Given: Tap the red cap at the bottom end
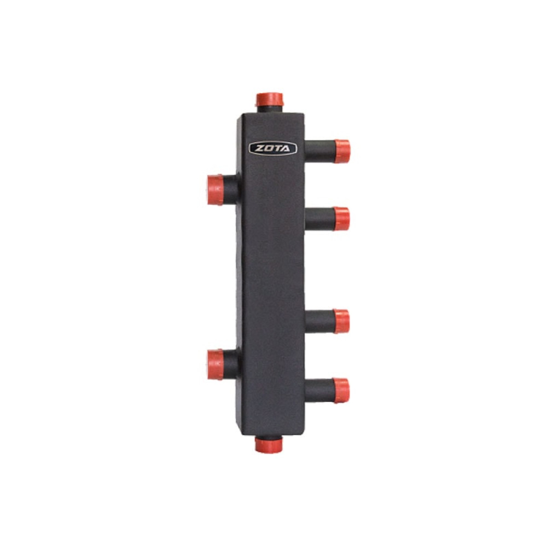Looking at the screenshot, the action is pos(269,445).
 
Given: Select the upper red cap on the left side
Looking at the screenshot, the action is pos(215,189).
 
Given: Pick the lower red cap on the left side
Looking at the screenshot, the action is pos(215,364).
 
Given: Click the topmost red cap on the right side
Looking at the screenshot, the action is pos(342,152).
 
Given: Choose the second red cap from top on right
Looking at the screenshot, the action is pos(341,219).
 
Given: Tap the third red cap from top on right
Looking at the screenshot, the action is pos(341,321).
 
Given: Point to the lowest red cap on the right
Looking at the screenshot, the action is pos(341,391).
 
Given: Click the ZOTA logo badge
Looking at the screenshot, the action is pos(273,149).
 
